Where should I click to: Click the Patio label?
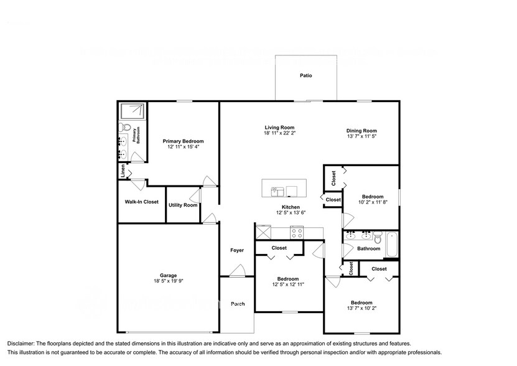(x=305, y=76)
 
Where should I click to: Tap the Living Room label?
(x=279, y=127)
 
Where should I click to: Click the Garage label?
(x=168, y=275)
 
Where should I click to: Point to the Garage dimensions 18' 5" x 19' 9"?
(x=168, y=281)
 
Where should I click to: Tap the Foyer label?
(x=237, y=250)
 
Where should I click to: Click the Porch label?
(x=237, y=304)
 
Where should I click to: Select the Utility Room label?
(x=183, y=205)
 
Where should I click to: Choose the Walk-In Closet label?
(x=141, y=202)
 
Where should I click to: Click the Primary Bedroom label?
(x=183, y=141)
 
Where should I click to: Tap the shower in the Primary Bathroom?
(x=134, y=112)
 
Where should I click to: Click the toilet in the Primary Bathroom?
(x=123, y=129)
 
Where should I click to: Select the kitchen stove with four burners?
(x=297, y=233)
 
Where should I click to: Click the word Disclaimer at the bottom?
(x=21, y=344)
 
